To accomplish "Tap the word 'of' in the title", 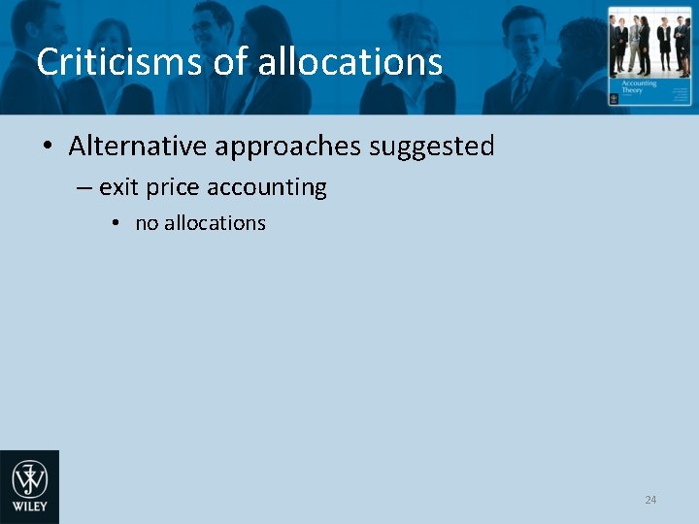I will [230, 63].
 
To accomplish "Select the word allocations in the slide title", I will [350, 63].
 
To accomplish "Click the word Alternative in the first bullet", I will [138, 147].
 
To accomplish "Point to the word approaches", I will [288, 147].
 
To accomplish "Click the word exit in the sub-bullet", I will [118, 187].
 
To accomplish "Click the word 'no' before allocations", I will [147, 223].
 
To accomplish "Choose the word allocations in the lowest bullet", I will [215, 223].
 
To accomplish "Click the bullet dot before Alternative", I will [47, 147].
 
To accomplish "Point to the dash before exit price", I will [84, 187].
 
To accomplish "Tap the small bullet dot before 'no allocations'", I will [115, 223].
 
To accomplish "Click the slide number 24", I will [650, 500].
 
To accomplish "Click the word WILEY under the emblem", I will [29, 508].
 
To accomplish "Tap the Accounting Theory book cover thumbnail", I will [649, 57].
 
